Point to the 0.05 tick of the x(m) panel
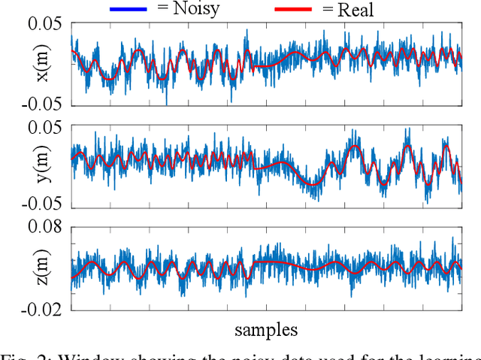46,24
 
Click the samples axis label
266,329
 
